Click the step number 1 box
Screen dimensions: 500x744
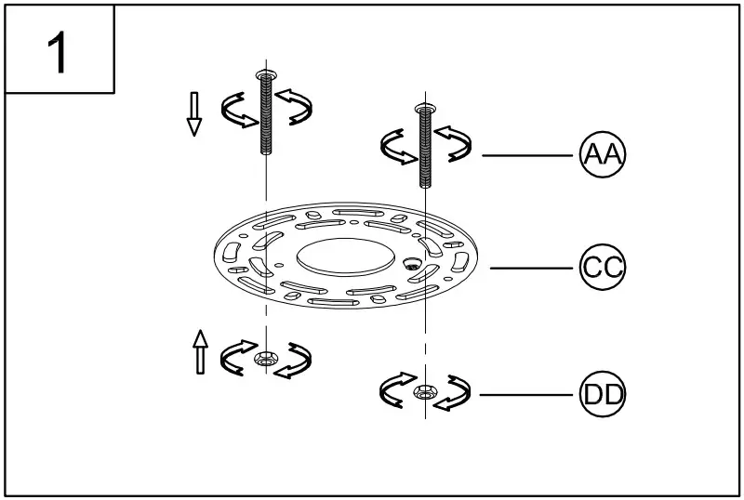tap(60, 49)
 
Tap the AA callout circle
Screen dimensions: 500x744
tap(603, 154)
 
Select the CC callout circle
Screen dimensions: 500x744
tap(603, 268)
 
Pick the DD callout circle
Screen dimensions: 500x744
tap(603, 396)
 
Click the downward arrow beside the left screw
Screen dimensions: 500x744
tap(194, 114)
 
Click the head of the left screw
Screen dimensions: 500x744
tap(266, 73)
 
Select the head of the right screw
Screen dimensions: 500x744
tap(425, 109)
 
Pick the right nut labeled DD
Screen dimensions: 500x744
tap(425, 392)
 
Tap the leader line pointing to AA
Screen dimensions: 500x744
tap(526, 154)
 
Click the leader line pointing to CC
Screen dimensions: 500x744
tap(530, 268)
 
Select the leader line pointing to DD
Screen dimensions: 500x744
tap(526, 396)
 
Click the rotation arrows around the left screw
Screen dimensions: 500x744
tap(236, 110)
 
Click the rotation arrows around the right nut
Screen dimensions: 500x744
tap(395, 390)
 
